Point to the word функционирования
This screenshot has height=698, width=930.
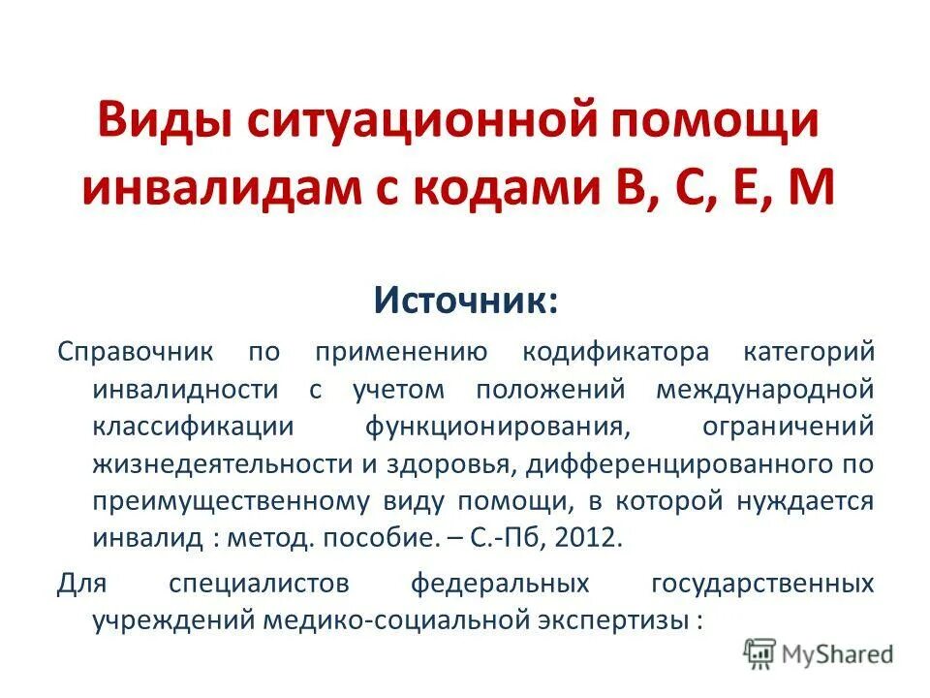491,426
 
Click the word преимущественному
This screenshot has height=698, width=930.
232,501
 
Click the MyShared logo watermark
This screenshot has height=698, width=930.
820,655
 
